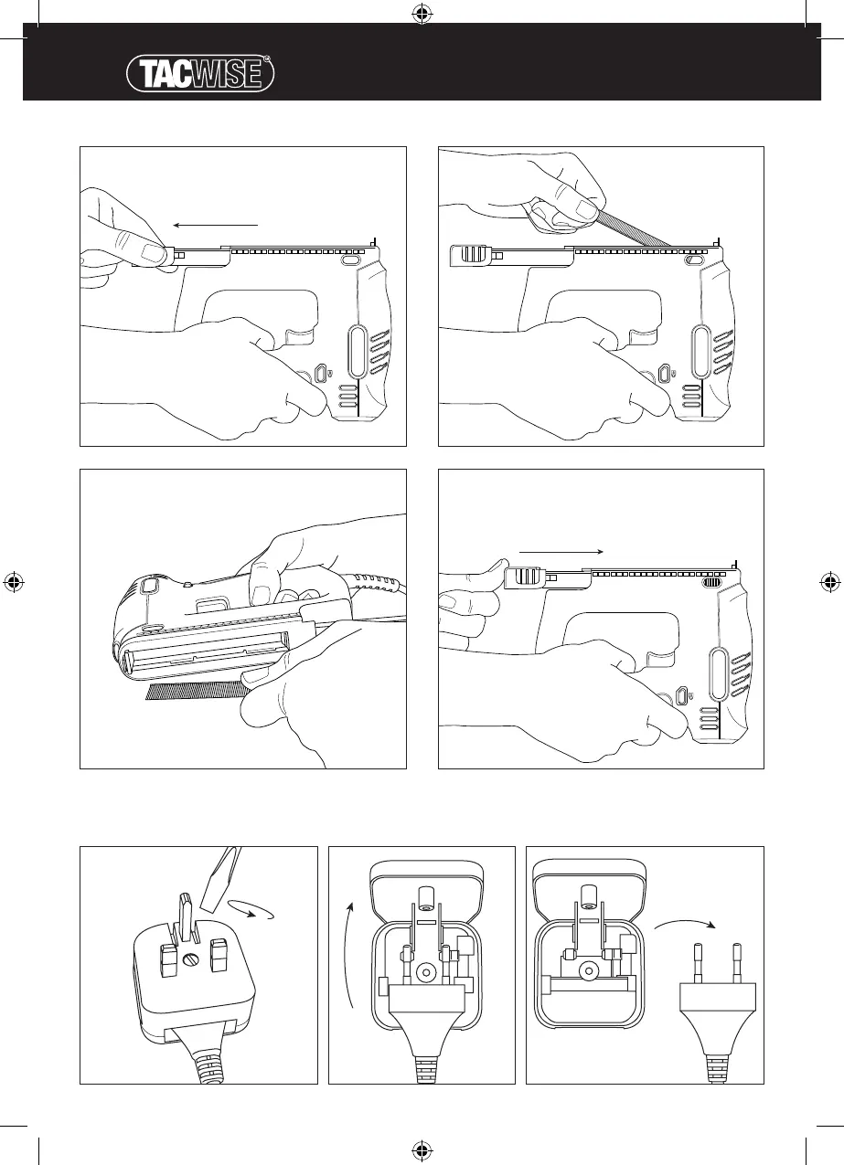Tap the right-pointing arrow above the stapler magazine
[x=560, y=552]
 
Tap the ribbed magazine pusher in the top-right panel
[x=472, y=253]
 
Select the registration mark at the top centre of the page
[x=421, y=14]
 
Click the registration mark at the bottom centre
[x=421, y=1150]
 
